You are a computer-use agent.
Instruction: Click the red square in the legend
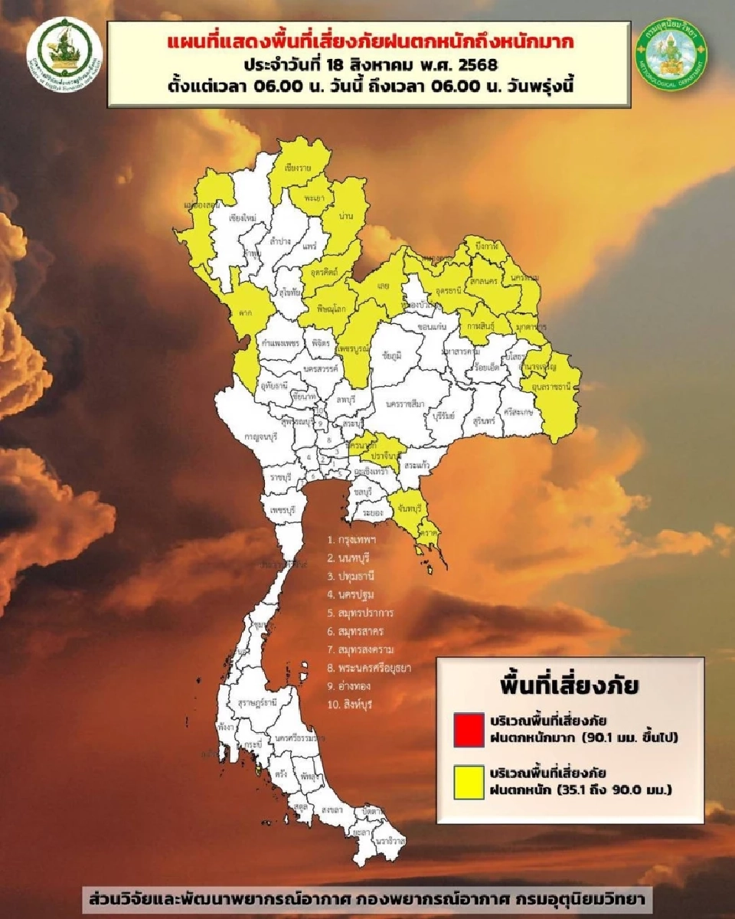click(469, 728)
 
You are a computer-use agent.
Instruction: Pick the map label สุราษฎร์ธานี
click(257, 701)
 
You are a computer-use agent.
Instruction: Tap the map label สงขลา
click(332, 809)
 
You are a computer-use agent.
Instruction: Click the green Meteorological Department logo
click(671, 53)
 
